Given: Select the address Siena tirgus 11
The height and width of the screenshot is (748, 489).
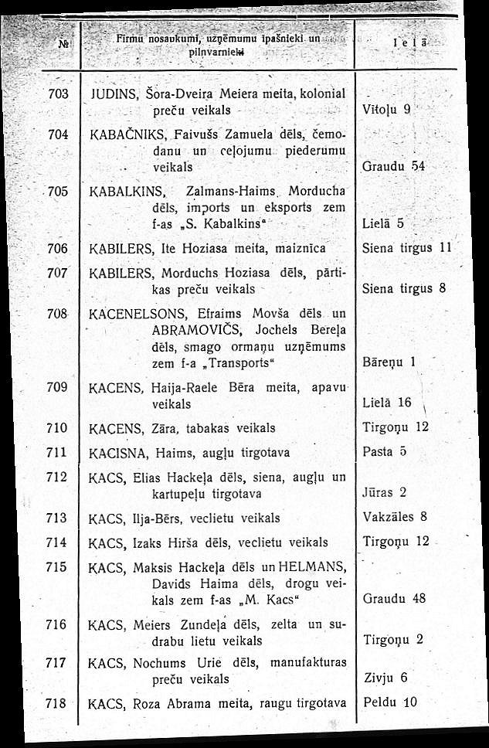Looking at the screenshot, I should pyautogui.click(x=406, y=249).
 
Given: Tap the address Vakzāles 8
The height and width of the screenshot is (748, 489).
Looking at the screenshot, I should pyautogui.click(x=395, y=517).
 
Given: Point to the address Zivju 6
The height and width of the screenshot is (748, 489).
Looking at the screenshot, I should pyautogui.click(x=384, y=678).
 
